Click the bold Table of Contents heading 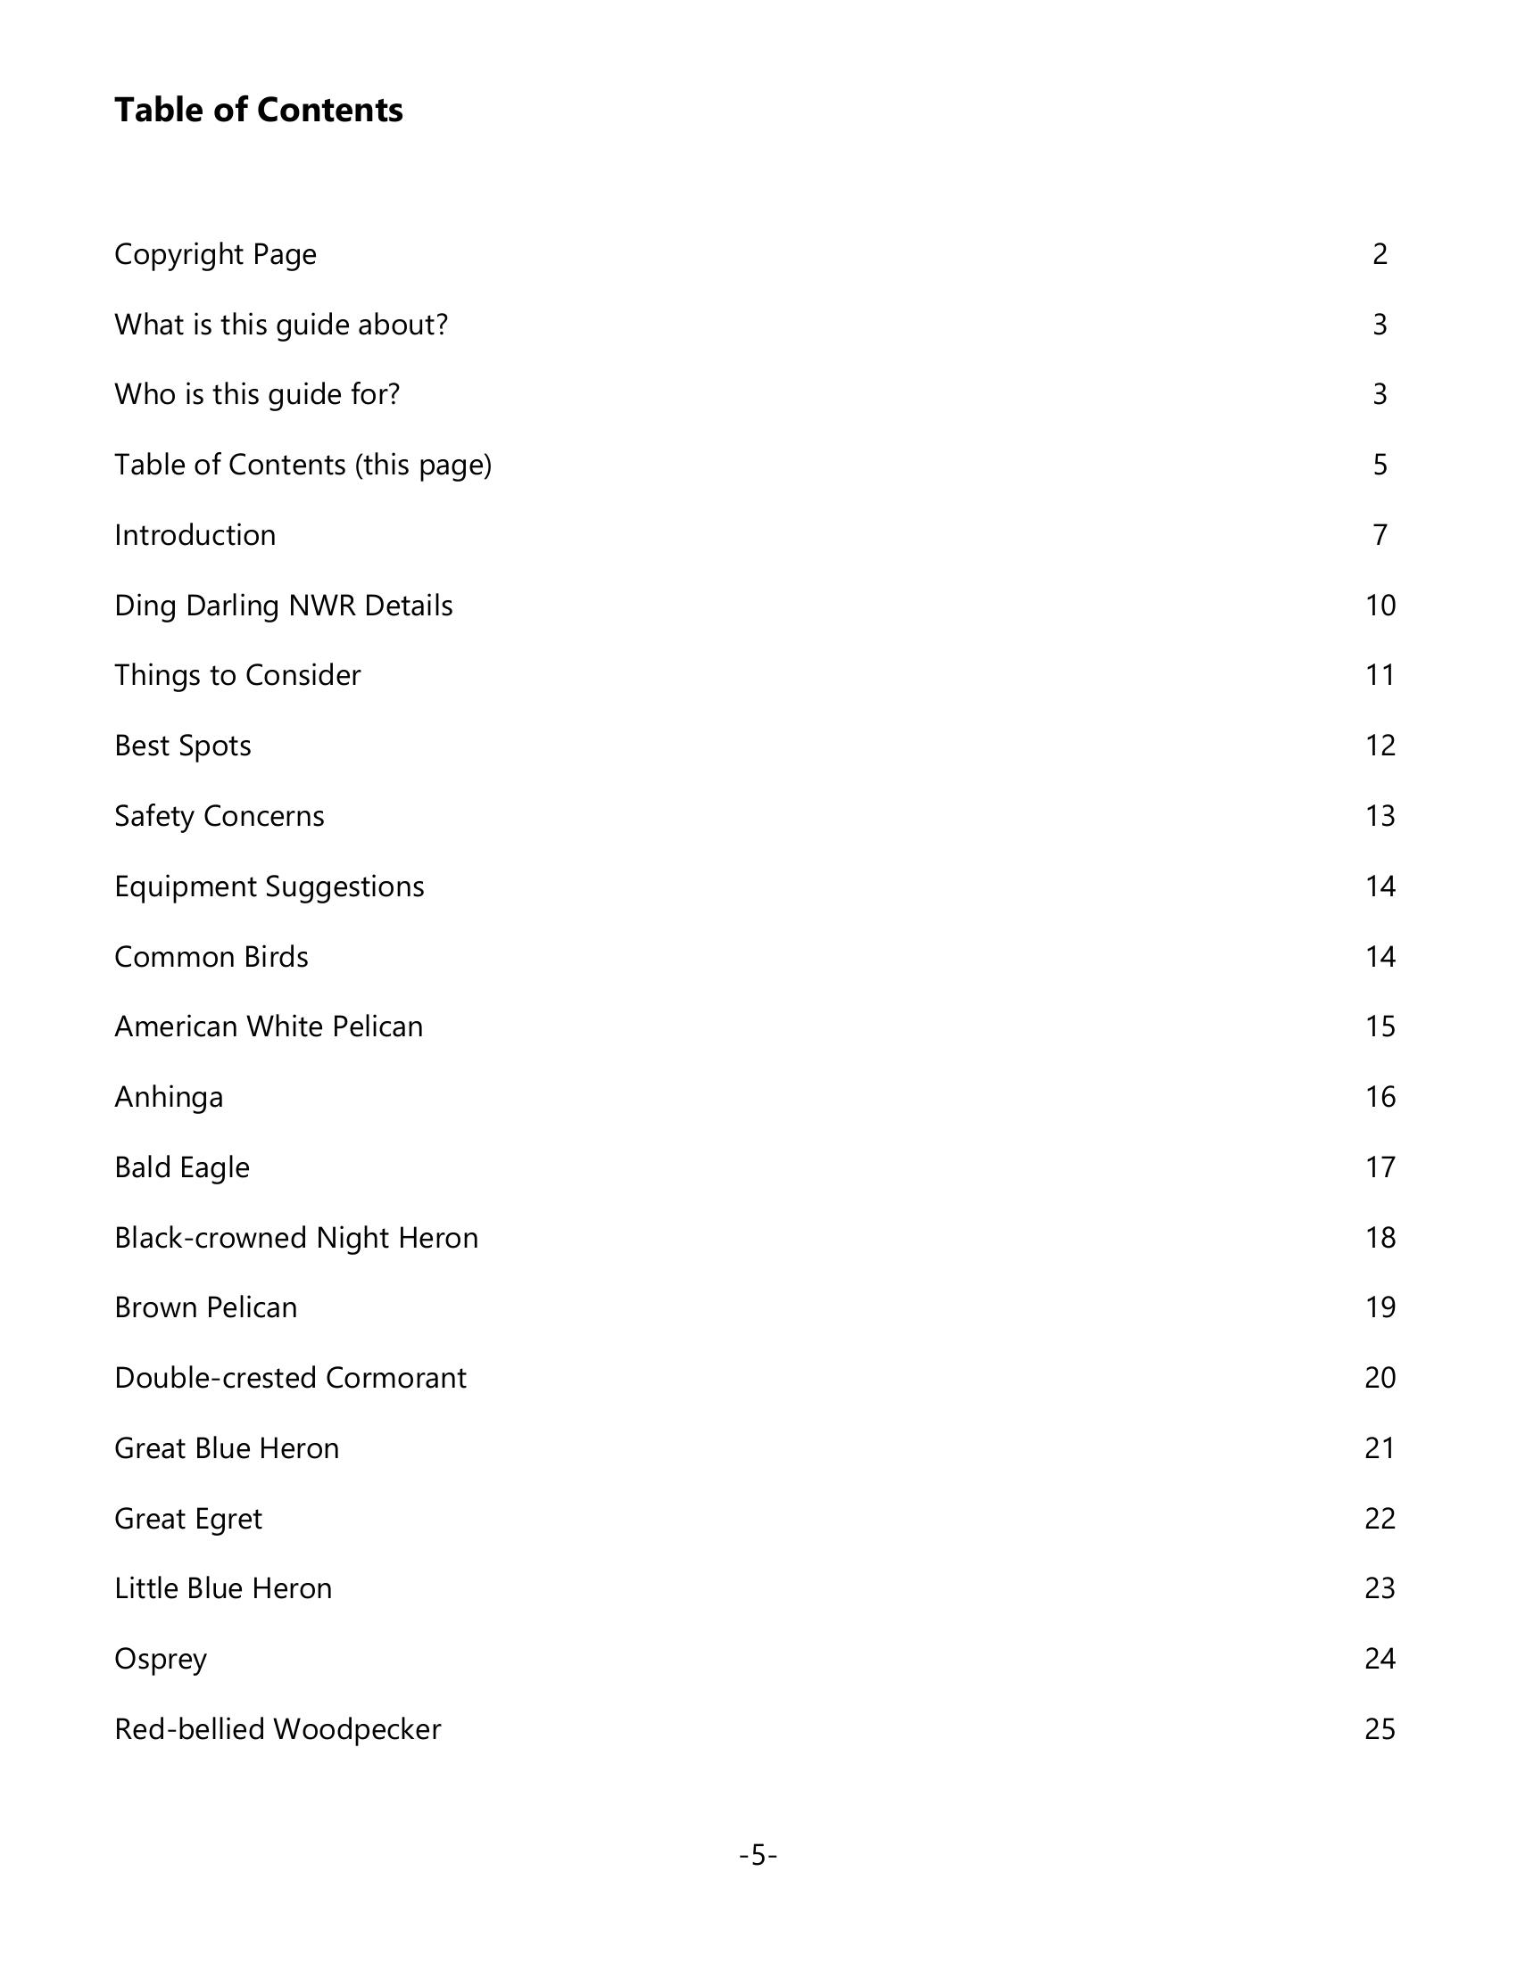tap(259, 111)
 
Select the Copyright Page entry tap(216, 254)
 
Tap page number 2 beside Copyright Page tap(1380, 254)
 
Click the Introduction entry tap(195, 535)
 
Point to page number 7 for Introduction tap(1380, 535)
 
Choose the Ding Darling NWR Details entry tap(283, 606)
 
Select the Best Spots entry tap(182, 746)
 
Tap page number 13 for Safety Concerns tap(1380, 816)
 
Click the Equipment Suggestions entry tap(269, 886)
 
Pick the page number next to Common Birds tap(1380, 957)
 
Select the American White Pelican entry tap(268, 1026)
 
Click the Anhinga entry tap(169, 1097)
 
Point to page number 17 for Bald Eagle tap(1380, 1167)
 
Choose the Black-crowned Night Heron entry tap(295, 1238)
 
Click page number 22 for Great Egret tap(1380, 1519)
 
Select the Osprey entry tap(161, 1660)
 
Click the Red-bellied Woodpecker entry tap(278, 1729)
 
